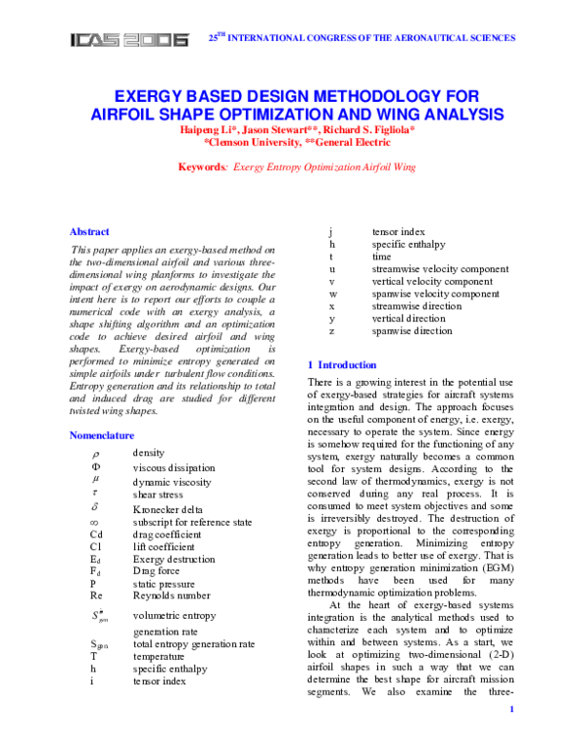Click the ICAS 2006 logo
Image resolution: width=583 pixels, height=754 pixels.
point(128,40)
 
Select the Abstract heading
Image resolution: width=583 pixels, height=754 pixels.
point(89,231)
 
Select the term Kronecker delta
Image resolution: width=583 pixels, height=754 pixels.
point(166,508)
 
